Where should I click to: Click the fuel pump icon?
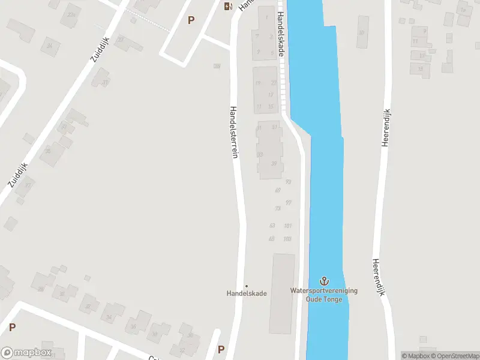(228, 7)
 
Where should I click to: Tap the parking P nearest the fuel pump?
(191, 20)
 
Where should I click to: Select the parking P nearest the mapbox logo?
(12, 328)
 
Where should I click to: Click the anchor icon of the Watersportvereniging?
(324, 281)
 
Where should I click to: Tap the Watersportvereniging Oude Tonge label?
(324, 295)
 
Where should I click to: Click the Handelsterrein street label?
(235, 133)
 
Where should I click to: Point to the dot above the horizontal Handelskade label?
(246, 286)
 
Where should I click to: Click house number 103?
(287, 239)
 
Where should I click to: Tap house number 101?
(288, 226)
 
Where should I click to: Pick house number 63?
(272, 226)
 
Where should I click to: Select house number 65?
(272, 239)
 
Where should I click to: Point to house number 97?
(289, 203)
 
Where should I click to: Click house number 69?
(278, 190)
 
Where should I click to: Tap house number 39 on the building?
(274, 164)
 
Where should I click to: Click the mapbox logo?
(27, 352)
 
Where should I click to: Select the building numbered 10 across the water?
(361, 32)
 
